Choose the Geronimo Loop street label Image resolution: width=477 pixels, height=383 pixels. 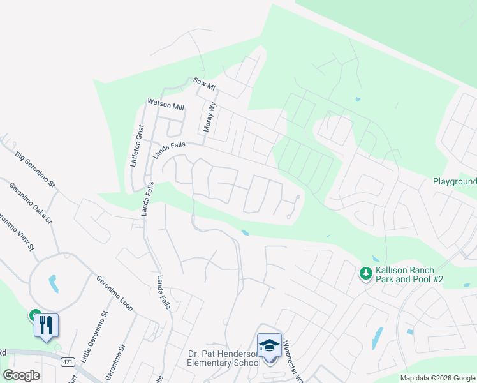(114, 293)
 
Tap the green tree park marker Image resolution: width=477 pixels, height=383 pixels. (365, 274)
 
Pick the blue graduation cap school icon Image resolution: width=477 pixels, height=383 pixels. (269, 345)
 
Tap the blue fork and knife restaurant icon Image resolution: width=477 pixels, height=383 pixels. (47, 325)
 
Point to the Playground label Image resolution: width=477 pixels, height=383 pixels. (455, 181)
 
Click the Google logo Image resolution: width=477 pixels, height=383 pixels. (21, 375)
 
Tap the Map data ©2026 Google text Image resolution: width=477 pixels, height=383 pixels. (437, 378)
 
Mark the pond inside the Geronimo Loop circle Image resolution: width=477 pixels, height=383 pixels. (53, 283)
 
